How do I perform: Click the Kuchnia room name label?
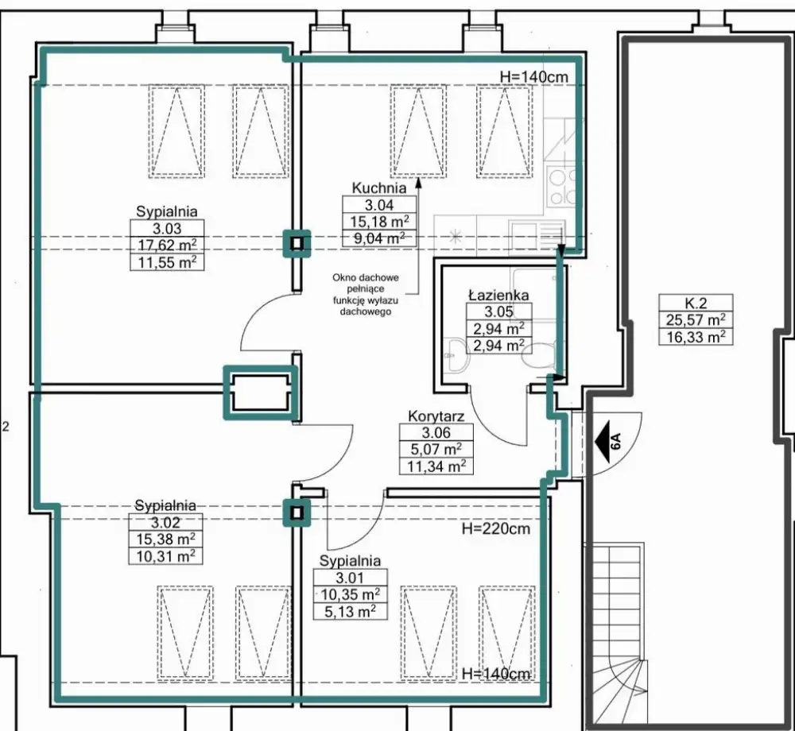[x=379, y=188]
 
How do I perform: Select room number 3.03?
[x=166, y=227]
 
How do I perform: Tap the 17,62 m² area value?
[x=166, y=245]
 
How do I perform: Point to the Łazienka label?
[x=498, y=296]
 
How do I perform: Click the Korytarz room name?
[x=436, y=416]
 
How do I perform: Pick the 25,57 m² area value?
[x=692, y=320]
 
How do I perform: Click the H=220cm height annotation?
[x=496, y=528]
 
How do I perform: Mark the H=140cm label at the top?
[x=534, y=76]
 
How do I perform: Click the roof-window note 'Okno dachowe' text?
[x=366, y=278]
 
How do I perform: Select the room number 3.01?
[x=350, y=577]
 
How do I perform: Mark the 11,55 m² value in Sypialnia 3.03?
[x=166, y=261]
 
